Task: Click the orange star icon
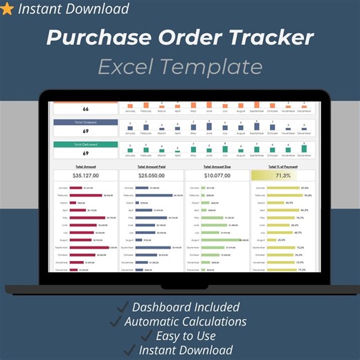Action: click(8, 9)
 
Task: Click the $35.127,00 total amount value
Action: click(86, 176)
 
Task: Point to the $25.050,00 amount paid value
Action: click(151, 176)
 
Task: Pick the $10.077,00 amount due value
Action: click(217, 176)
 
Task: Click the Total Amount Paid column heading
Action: click(151, 167)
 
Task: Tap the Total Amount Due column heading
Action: click(217, 167)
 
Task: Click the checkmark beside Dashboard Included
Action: click(121, 307)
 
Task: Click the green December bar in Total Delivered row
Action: click(305, 148)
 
